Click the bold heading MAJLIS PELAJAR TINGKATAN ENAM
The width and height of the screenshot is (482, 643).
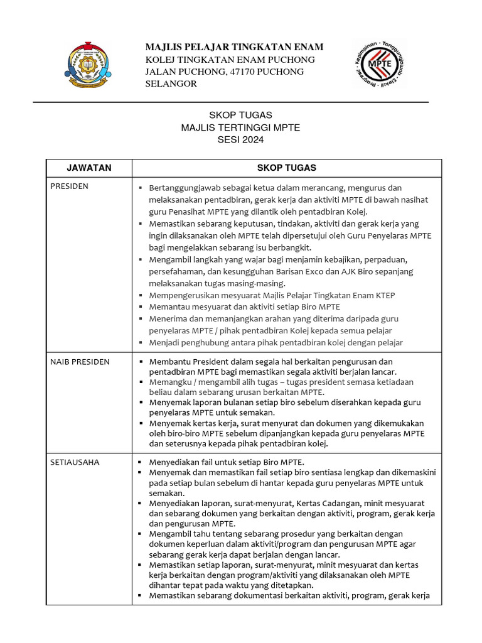click(234, 47)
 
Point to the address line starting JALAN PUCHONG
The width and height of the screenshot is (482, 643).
click(224, 72)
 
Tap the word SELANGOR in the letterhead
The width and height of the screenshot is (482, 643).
click(171, 84)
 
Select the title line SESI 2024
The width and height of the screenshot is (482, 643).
click(240, 140)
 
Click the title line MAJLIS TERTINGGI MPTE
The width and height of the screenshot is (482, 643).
click(240, 127)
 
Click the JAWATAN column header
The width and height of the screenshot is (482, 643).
click(88, 168)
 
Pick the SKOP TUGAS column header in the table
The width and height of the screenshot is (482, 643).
click(286, 168)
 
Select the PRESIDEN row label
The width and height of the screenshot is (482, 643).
click(70, 186)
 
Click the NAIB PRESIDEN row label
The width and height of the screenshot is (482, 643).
click(80, 362)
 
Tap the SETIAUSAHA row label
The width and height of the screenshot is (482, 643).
click(75, 462)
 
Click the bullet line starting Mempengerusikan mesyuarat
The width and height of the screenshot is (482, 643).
click(272, 295)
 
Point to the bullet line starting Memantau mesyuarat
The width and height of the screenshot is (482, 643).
click(244, 307)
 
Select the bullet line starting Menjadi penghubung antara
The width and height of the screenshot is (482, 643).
click(276, 343)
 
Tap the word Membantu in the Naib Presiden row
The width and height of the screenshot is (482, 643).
click(167, 362)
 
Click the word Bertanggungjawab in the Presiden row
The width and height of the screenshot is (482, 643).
click(182, 188)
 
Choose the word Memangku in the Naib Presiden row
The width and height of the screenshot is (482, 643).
click(168, 381)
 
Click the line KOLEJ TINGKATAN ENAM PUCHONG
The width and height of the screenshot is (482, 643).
click(230, 60)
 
